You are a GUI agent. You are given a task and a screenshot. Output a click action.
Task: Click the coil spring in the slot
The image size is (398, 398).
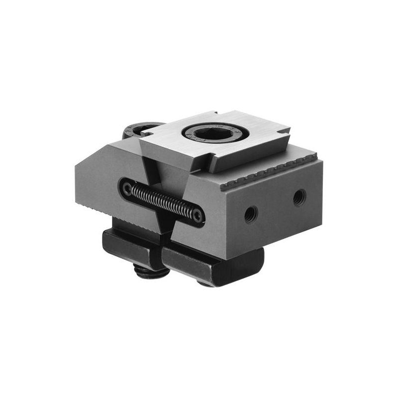coord(162,201)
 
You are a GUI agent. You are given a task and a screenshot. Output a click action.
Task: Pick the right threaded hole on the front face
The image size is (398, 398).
coord(299,198)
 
